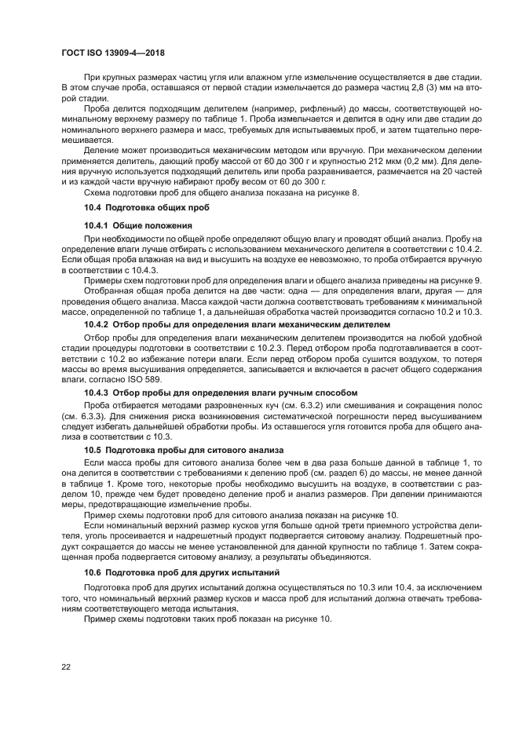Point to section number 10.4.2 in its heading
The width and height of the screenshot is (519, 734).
tap(98, 323)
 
